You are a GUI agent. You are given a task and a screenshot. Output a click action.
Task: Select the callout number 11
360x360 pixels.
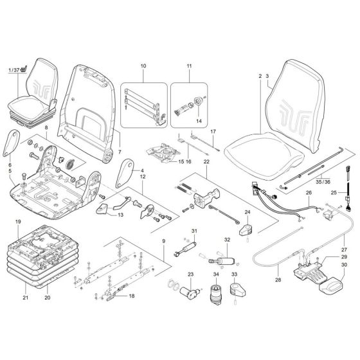188,66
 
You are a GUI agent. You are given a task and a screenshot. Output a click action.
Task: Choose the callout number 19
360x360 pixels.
19,222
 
